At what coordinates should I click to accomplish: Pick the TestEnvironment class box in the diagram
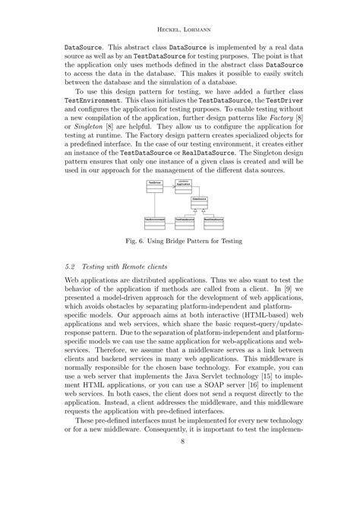[x=155, y=221]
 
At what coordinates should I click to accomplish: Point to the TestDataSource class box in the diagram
[x=185, y=221]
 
